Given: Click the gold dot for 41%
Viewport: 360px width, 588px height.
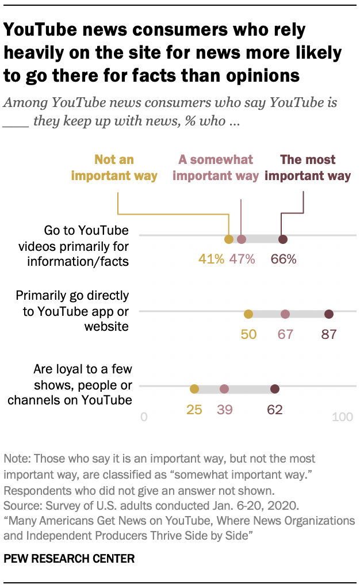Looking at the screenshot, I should click(229, 239).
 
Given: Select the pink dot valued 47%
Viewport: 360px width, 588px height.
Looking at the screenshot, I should click(242, 239).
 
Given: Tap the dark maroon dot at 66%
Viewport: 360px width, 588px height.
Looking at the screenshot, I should click(283, 239).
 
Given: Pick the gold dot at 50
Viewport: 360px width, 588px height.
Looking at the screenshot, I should click(248, 314).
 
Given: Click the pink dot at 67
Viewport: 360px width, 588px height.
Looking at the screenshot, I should click(285, 314).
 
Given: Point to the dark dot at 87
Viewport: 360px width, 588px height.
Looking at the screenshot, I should click(329, 314).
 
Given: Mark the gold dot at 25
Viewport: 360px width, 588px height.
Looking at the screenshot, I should click(194, 389).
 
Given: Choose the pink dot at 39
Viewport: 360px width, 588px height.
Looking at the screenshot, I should click(224, 389).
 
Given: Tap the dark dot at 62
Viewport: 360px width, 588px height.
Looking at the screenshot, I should click(275, 389).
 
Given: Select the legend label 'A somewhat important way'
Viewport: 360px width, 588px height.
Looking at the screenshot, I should click(216, 168).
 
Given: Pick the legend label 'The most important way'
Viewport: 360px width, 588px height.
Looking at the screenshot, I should click(307, 168).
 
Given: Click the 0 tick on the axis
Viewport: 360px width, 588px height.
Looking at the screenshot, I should click(144, 417).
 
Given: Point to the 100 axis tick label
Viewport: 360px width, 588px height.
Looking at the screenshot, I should click(343, 417).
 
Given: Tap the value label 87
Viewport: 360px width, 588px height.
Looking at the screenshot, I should click(328, 334).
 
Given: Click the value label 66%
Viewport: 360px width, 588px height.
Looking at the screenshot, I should click(284, 259).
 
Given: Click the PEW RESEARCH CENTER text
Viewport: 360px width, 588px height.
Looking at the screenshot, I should click(69, 558).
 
